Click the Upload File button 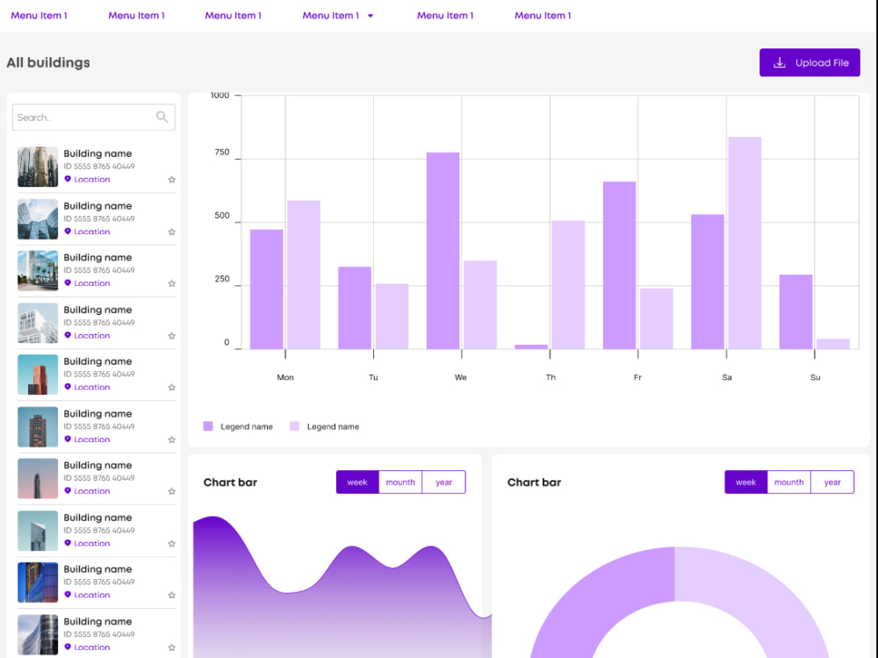click(810, 63)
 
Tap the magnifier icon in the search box click(162, 117)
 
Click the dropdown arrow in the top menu click(371, 16)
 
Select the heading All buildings click(48, 62)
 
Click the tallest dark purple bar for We click(443, 250)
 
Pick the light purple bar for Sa click(745, 242)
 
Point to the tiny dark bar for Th click(531, 347)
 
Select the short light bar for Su click(832, 344)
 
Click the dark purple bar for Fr click(619, 265)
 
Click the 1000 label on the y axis click(219, 95)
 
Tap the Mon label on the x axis click(285, 377)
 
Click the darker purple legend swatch click(208, 426)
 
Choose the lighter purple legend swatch click(294, 426)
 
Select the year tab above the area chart click(443, 483)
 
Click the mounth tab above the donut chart click(788, 483)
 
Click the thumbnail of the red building click(38, 375)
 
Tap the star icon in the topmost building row click(171, 180)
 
